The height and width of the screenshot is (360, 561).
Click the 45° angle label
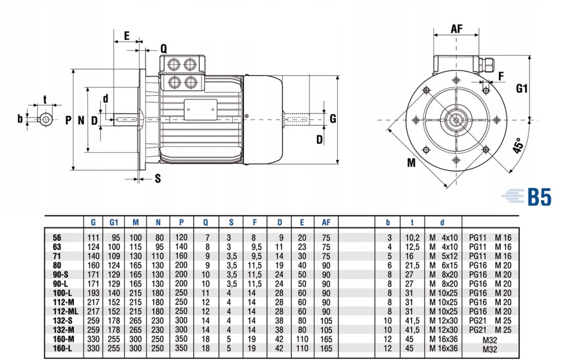tap(519, 146)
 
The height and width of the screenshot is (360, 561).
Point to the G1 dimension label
tap(522, 89)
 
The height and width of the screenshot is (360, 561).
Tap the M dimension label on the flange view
tap(411, 163)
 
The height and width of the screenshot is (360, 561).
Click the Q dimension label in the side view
tap(163, 49)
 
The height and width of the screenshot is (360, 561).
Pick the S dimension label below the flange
tap(158, 179)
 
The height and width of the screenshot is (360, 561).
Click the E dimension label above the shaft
tap(127, 36)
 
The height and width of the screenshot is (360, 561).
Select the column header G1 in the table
tap(113, 222)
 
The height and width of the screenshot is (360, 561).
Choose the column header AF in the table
tap(326, 222)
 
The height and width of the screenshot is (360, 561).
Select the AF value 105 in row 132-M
tap(326, 330)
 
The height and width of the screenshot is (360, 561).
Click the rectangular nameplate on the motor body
tap(200, 109)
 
